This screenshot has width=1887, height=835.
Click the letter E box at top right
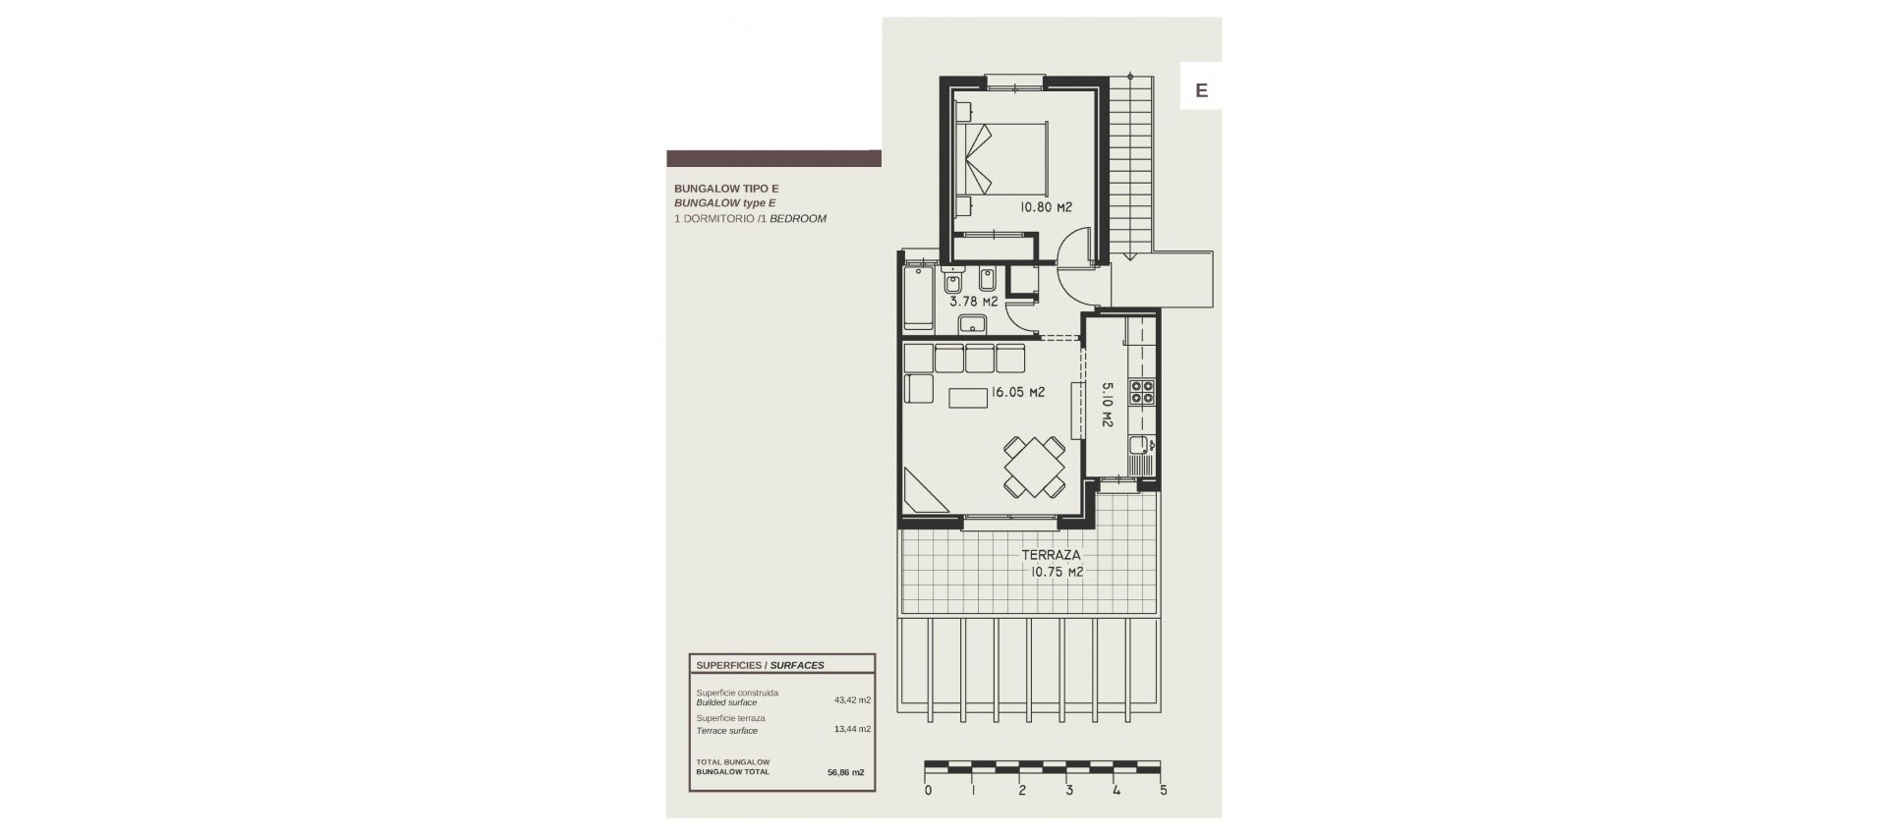pyautogui.click(x=1200, y=90)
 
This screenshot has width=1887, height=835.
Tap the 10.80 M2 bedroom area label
pyautogui.click(x=1044, y=207)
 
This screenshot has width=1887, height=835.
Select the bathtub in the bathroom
pyautogui.click(x=919, y=295)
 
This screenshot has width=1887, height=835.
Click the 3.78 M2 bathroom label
pyautogui.click(x=973, y=302)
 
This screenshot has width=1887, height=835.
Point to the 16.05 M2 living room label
pyautogui.click(x=1017, y=392)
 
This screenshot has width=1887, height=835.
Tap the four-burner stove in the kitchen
pyautogui.click(x=1142, y=392)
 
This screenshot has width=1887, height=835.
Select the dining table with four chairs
pyautogui.click(x=1034, y=466)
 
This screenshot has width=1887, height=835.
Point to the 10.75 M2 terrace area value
pyautogui.click(x=1057, y=572)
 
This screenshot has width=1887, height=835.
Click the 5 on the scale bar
pyautogui.click(x=1163, y=790)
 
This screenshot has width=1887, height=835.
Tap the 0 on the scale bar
pyautogui.click(x=928, y=790)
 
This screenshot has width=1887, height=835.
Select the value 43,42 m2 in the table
pyautogui.click(x=852, y=700)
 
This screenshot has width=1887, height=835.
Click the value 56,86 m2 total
pyautogui.click(x=845, y=772)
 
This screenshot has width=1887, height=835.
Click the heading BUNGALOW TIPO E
pyautogui.click(x=726, y=188)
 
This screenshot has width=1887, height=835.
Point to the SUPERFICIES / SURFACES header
pyautogui.click(x=760, y=665)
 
